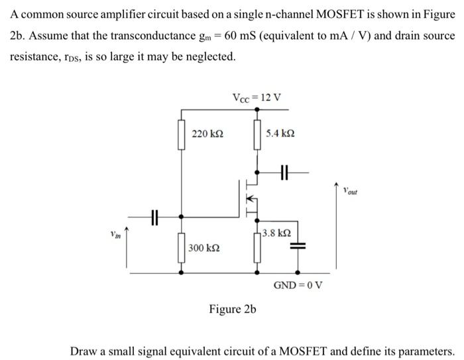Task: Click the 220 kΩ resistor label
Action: click(x=207, y=134)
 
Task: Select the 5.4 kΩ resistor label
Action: click(x=280, y=134)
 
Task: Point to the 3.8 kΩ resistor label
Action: click(x=275, y=233)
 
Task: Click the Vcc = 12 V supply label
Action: click(x=257, y=97)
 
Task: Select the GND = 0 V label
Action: click(x=298, y=285)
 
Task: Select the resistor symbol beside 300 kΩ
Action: click(x=180, y=250)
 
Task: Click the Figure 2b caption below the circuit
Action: click(x=233, y=309)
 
